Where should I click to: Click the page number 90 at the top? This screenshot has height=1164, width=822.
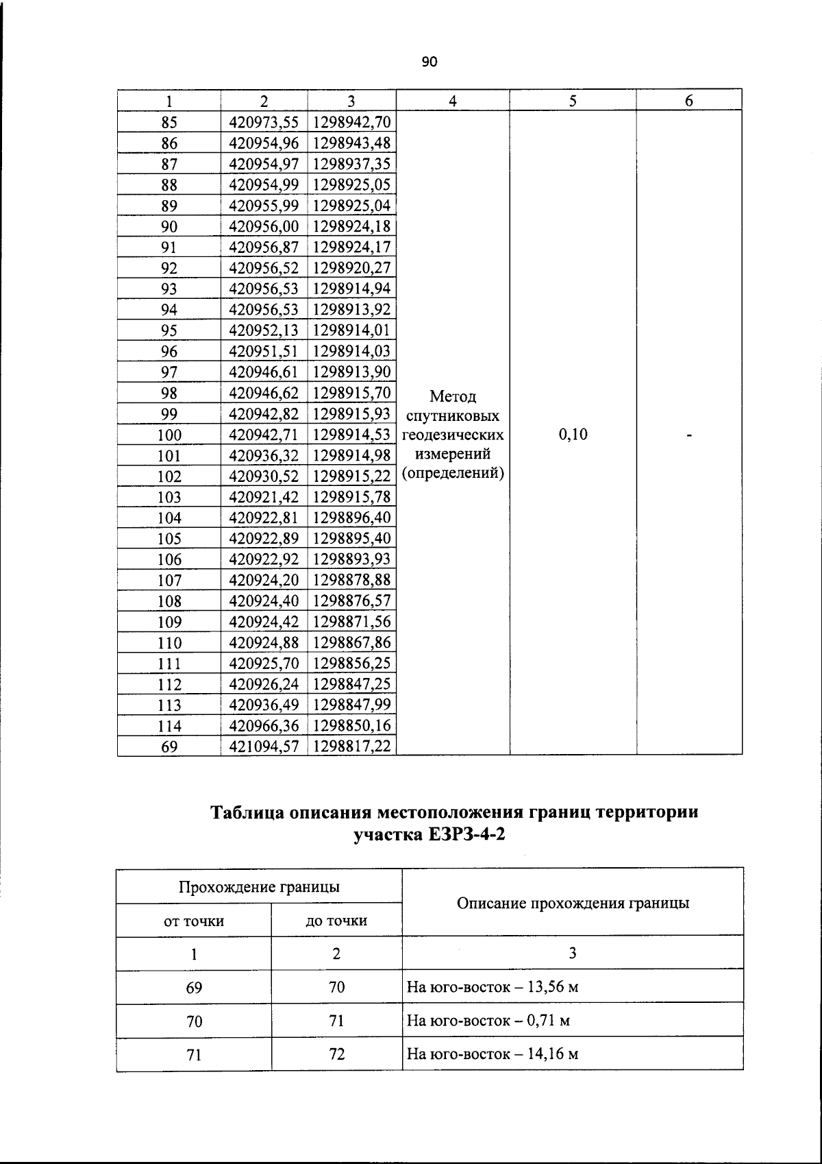(429, 62)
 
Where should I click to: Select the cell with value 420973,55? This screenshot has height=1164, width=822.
(264, 122)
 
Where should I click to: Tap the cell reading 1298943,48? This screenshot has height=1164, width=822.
(351, 143)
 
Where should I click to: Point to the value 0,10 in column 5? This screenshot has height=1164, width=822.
(573, 435)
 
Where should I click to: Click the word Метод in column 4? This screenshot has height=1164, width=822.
(453, 396)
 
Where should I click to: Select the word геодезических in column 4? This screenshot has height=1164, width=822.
(453, 435)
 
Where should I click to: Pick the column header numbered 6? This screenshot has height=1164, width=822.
(689, 101)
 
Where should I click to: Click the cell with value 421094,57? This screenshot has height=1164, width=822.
(264, 747)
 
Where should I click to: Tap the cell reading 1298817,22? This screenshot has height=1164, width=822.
(351, 747)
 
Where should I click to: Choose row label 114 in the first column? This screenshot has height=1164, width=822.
(169, 726)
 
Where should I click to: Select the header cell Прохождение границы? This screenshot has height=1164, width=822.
(259, 887)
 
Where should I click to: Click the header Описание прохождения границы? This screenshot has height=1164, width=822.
(573, 903)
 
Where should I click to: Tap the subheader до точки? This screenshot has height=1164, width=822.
(336, 921)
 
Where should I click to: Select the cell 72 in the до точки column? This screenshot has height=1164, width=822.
(336, 1054)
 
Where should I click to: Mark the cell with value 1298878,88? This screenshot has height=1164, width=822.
(351, 580)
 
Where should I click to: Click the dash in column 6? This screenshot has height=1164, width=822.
(689, 435)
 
